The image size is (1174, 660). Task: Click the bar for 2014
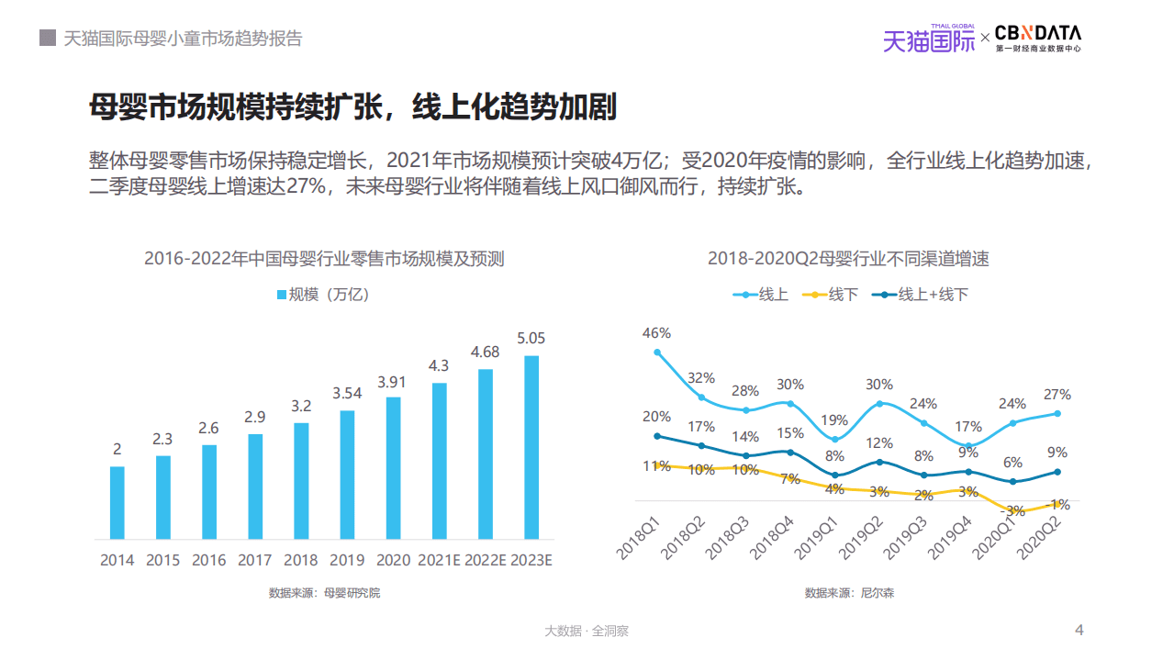(117, 502)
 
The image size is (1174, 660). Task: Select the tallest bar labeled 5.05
(531, 447)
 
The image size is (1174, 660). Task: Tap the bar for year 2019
(347, 475)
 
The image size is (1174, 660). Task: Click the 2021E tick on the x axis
(439, 560)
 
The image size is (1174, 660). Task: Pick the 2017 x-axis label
(254, 560)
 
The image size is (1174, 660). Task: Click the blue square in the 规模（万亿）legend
(282, 295)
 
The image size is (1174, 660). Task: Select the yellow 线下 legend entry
(830, 295)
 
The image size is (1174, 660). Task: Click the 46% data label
(656, 333)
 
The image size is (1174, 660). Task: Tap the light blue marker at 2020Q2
(1057, 413)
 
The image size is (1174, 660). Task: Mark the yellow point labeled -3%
(1013, 510)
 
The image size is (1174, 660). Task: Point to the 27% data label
(1057, 395)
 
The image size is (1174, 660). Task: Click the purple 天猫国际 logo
(929, 39)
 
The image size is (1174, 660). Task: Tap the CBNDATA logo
(1037, 37)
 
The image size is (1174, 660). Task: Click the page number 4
(1079, 630)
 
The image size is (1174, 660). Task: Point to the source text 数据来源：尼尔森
(849, 593)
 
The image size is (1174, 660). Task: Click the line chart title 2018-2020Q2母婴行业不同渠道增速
(848, 259)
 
